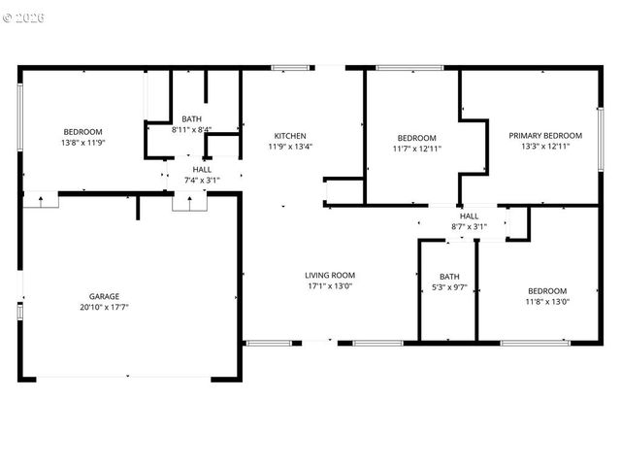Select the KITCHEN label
[x=290, y=136]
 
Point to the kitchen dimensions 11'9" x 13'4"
[x=290, y=147]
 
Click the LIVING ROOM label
[x=330, y=275]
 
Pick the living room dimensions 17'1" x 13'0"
[x=330, y=285]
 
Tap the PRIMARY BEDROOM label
[x=545, y=136]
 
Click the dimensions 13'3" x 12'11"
[x=545, y=147]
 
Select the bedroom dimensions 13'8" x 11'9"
[x=82, y=143]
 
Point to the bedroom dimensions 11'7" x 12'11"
[x=416, y=149]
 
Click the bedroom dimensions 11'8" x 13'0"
[x=547, y=302]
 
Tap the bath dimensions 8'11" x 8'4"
[x=191, y=130]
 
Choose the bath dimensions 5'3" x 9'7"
[x=449, y=286]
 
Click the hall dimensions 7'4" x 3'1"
[x=202, y=180]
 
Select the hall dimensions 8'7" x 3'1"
[x=469, y=226]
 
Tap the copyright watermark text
[x=24, y=17]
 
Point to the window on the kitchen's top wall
[x=289, y=67]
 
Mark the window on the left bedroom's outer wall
[x=19, y=116]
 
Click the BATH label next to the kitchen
[x=191, y=119]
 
